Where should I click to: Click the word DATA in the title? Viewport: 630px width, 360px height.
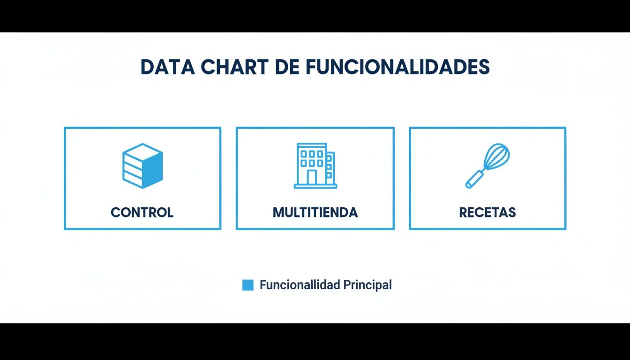(x=167, y=67)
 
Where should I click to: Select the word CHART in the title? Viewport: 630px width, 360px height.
(x=235, y=67)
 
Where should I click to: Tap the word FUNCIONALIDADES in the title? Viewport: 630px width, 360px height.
(x=397, y=67)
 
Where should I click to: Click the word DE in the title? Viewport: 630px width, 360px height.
(x=287, y=67)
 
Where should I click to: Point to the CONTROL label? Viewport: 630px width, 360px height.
(x=142, y=212)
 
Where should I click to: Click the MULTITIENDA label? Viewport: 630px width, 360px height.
(x=315, y=212)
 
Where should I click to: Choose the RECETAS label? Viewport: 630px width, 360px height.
(x=487, y=212)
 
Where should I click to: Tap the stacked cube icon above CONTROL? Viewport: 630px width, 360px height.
(x=142, y=166)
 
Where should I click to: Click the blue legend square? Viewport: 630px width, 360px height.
(x=247, y=285)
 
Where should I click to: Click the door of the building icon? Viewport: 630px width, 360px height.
(x=312, y=177)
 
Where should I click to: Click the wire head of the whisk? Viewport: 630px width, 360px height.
(x=496, y=157)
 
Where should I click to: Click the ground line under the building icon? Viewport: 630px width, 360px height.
(x=315, y=187)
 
